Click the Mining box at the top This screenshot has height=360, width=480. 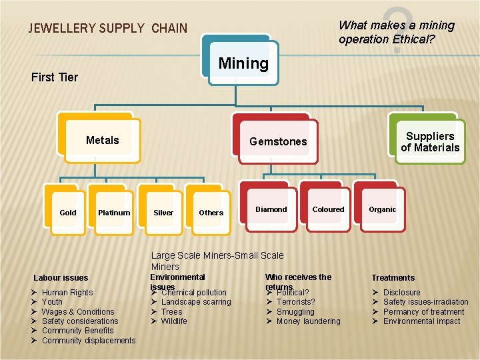(243, 63)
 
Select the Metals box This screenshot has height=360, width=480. (103, 140)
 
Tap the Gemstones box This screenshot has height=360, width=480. (278, 141)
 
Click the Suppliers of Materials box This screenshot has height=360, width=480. (430, 142)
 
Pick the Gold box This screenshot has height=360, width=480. (68, 213)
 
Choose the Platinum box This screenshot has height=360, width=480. (114, 213)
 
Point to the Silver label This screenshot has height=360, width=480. (163, 213)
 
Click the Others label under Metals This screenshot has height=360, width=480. (211, 213)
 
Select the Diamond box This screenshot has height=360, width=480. (271, 209)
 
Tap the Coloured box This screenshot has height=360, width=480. (329, 209)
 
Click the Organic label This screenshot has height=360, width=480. (383, 209)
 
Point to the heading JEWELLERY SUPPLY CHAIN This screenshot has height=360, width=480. (108, 29)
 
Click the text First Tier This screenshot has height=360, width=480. (55, 77)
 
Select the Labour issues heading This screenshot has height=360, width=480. (61, 278)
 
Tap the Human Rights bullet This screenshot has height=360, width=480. (67, 293)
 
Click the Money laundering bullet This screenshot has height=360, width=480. (308, 321)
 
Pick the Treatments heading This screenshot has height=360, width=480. (393, 278)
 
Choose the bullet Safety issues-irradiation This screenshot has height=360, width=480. (425, 302)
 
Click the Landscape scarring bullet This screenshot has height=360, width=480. (196, 302)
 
